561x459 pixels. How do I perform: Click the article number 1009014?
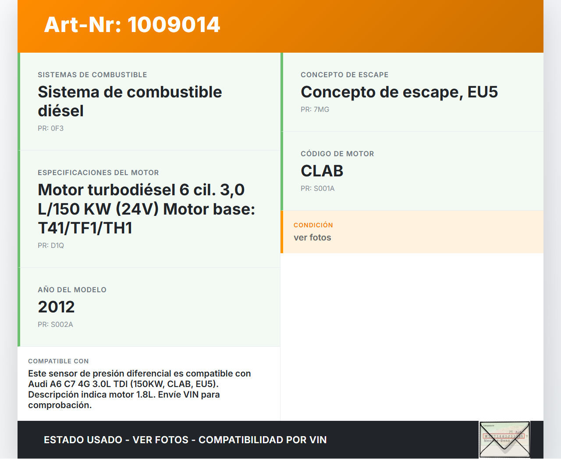pos(174,25)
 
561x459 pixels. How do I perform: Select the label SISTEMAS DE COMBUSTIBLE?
pos(92,75)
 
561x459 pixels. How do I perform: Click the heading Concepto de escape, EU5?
pos(399,92)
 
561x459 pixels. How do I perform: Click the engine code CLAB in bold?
pos(322,171)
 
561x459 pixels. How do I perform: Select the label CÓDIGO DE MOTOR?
pos(337,154)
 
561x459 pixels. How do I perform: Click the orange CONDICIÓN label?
pos(313,225)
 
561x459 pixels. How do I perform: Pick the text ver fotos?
pos(312,237)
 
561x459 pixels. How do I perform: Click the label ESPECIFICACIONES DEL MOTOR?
pos(98,172)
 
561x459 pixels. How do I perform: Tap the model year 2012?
pos(56,307)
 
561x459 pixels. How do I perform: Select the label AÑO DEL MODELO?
pos(72,290)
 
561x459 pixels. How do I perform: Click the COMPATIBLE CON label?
pos(58,361)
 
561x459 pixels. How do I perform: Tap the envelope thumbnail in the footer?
pos(504,439)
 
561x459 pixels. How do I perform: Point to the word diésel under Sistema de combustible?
pos(60,111)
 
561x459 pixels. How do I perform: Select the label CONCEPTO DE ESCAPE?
pos(344,75)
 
